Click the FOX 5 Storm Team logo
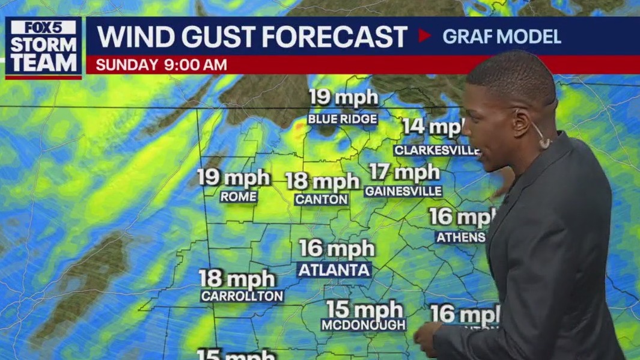[43, 47]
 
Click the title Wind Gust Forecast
[252, 36]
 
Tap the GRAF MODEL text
[501, 36]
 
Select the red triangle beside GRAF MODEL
[424, 36]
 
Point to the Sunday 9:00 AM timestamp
[161, 65]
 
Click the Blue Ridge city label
[343, 119]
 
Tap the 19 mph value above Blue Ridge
[343, 97]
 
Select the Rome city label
[239, 197]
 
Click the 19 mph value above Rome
[234, 177]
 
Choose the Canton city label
[322, 199]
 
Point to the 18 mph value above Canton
[322, 180]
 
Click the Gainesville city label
[403, 191]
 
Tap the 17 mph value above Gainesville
[404, 172]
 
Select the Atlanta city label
[334, 270]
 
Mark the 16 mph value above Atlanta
[337, 248]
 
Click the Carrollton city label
[242, 296]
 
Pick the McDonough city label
[364, 325]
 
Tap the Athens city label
[460, 237]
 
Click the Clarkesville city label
[436, 150]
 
